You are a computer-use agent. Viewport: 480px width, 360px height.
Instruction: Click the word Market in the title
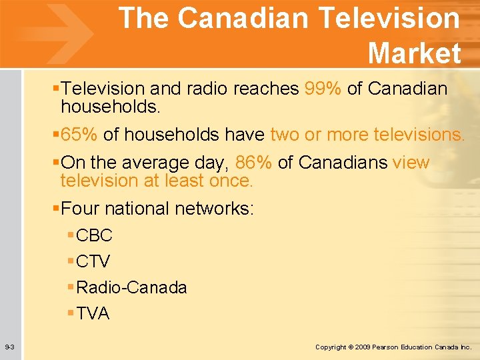click(414, 53)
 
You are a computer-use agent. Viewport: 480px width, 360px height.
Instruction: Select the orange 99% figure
click(323, 88)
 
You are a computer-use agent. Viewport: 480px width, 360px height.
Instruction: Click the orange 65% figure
click(79, 135)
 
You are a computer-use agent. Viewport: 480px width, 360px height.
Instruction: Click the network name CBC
click(94, 235)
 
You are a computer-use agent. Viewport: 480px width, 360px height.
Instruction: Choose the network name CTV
click(93, 261)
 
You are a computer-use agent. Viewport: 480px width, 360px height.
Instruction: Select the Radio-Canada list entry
click(131, 287)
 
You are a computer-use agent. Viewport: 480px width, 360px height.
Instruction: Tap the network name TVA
click(93, 313)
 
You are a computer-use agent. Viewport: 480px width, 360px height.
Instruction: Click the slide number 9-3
click(11, 347)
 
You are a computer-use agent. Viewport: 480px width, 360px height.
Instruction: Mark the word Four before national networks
click(81, 209)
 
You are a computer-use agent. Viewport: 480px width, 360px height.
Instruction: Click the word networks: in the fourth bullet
click(214, 209)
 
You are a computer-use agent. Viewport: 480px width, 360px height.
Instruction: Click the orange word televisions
click(419, 135)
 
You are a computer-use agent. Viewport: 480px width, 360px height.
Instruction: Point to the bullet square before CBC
click(71, 235)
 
